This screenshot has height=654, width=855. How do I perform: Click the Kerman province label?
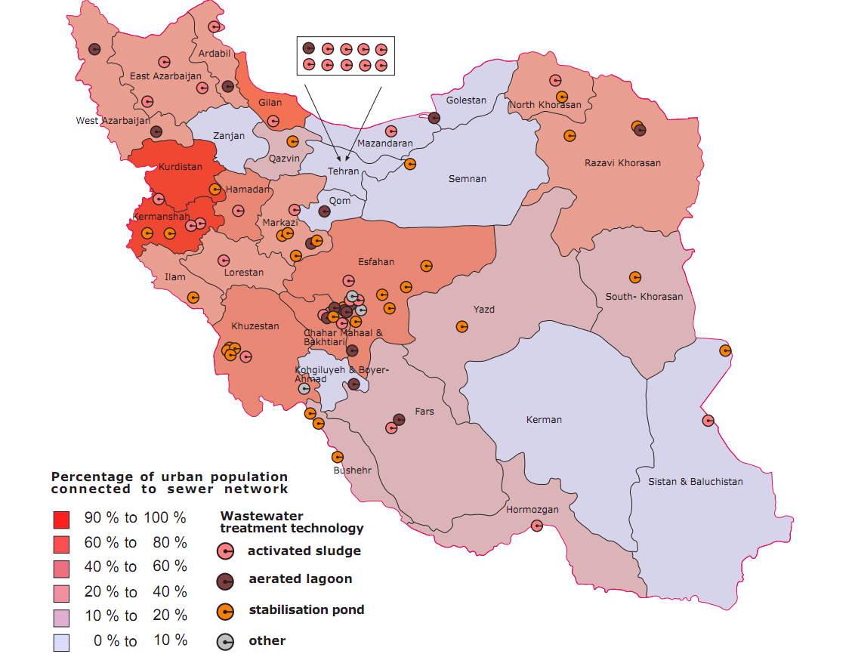544,420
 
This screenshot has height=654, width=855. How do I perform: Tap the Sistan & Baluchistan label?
695,482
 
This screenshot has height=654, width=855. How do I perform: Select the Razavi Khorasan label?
622,163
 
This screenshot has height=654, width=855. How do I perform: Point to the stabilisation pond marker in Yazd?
461,326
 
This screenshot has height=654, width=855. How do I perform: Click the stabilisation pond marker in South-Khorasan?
634,277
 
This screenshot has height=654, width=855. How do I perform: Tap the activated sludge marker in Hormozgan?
536,526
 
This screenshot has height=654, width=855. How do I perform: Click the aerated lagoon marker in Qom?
324,211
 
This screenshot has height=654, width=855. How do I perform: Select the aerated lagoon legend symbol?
225,581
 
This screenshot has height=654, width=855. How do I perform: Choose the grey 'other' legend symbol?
225,642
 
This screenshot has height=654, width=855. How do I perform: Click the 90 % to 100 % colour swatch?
61,520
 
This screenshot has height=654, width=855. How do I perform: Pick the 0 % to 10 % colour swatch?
61,642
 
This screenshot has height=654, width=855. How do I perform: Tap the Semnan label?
467,179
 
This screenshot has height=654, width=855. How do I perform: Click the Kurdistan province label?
181,167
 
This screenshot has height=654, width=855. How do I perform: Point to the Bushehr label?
353,470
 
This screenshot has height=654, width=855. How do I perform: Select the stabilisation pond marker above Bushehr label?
338,457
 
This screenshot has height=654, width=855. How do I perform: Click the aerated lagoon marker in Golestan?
434,118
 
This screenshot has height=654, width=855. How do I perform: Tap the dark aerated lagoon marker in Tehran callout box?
308,48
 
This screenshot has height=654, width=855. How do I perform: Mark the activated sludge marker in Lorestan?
224,261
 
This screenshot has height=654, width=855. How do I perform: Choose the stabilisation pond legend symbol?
225,611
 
